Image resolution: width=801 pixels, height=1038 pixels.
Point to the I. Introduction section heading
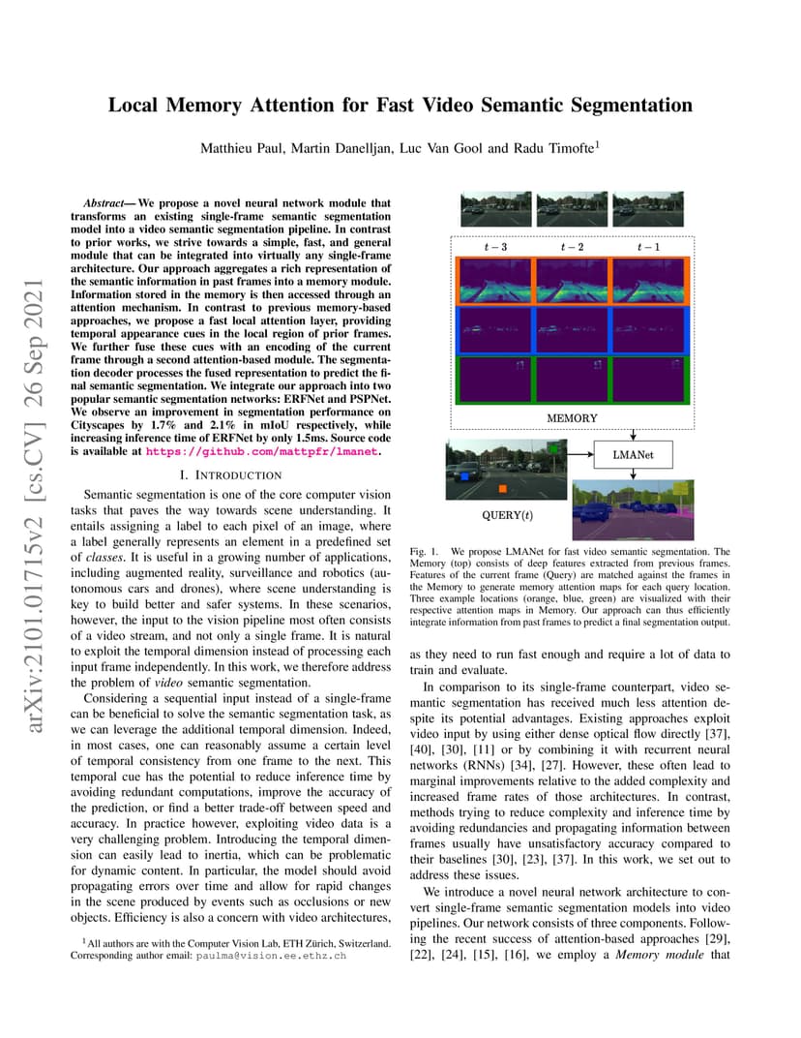pyautogui.click(x=231, y=475)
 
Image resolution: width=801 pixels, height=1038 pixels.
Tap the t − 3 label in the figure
pyautogui.click(x=494, y=247)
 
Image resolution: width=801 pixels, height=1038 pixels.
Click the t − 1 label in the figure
pyautogui.click(x=648, y=247)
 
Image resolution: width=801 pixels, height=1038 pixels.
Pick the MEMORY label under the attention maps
pyautogui.click(x=572, y=418)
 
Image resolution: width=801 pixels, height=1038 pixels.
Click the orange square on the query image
pyautogui.click(x=463, y=475)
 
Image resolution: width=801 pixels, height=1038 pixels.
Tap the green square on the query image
pyautogui.click(x=551, y=449)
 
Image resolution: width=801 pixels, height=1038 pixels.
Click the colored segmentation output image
pyautogui.click(x=633, y=504)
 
